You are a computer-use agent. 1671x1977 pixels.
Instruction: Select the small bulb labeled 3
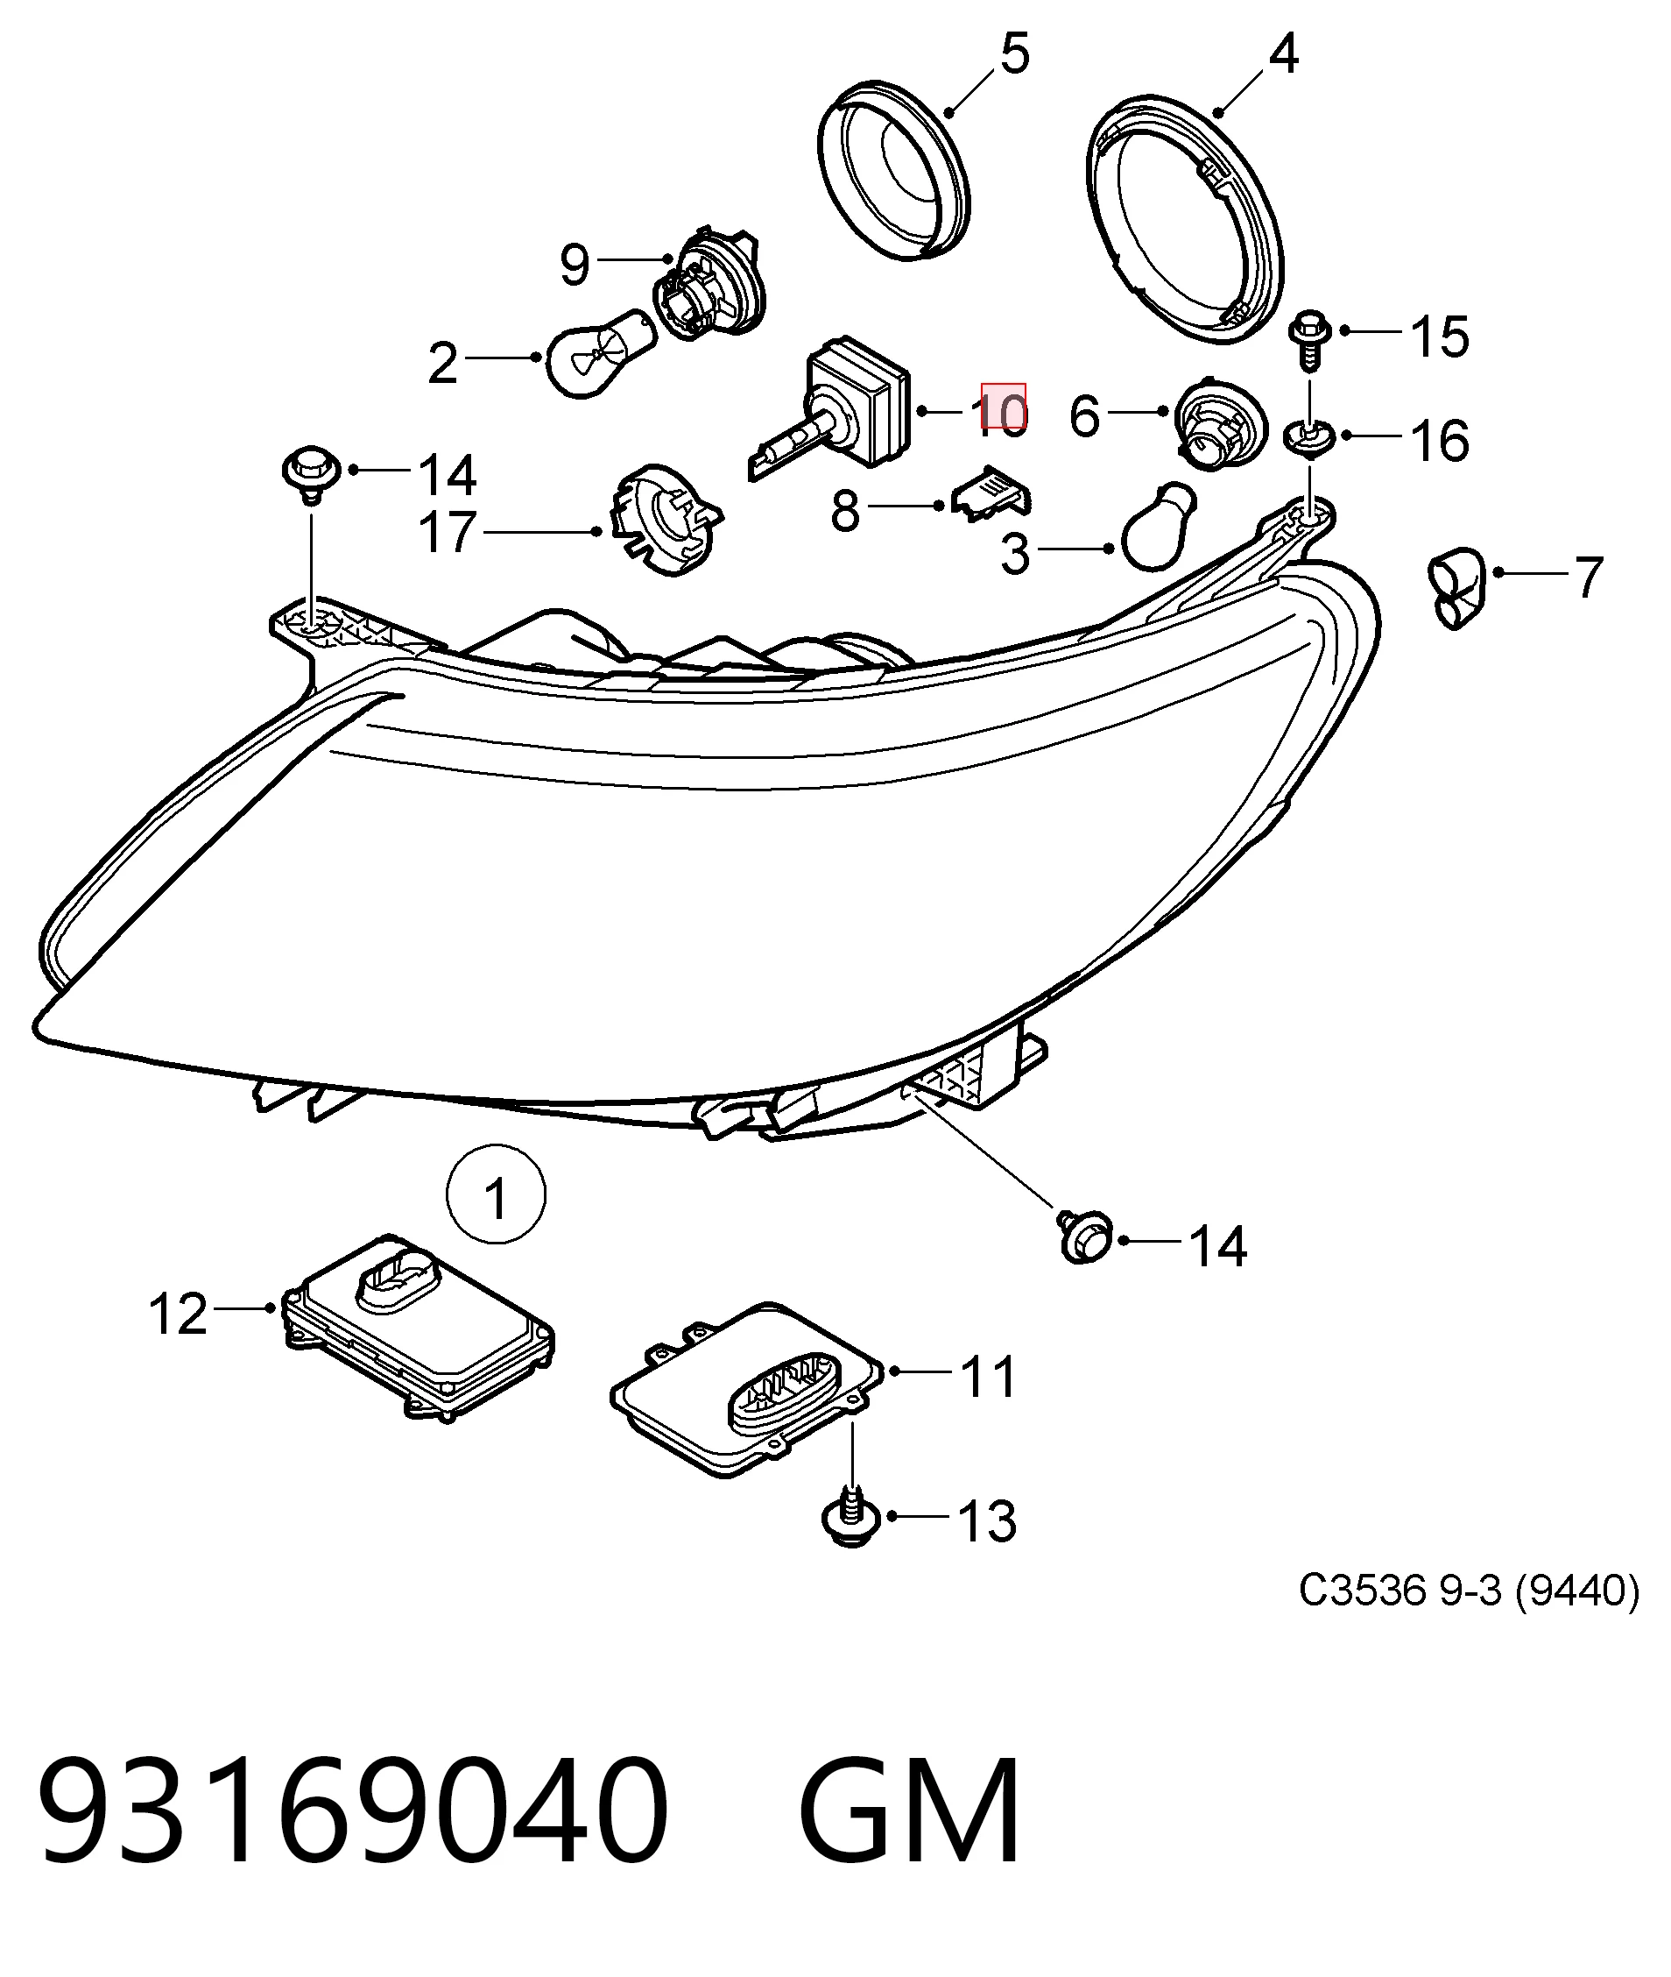pos(1158,526)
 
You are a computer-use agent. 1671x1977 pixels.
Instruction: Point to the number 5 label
pos(1013,54)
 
